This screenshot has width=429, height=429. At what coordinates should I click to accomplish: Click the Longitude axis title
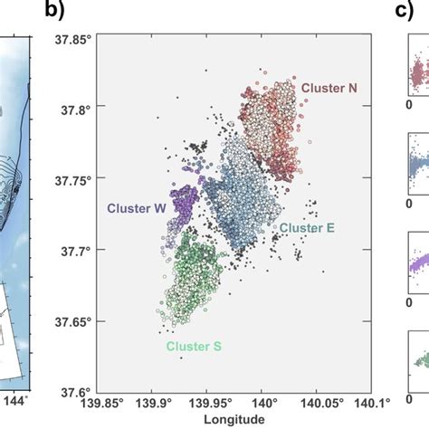coord(234,420)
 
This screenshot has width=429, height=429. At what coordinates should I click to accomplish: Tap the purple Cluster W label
coord(137,207)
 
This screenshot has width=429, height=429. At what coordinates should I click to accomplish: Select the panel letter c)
coord(405,12)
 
